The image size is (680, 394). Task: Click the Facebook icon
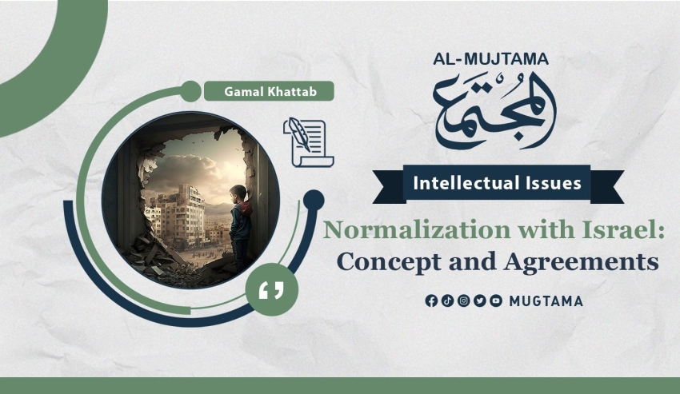click(431, 300)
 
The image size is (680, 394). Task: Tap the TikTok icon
click(447, 300)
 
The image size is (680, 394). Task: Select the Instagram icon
click(463, 300)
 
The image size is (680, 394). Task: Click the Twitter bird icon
click(480, 300)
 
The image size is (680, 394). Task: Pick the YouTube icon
click(496, 300)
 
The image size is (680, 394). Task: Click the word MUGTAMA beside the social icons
click(546, 301)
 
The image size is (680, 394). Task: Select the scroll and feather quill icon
click(308, 142)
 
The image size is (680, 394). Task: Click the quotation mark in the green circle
click(271, 290)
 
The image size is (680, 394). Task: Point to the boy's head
click(238, 193)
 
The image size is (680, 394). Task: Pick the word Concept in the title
click(389, 262)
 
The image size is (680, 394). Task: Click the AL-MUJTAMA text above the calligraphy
click(490, 59)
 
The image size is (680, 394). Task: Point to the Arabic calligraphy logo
click(495, 111)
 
